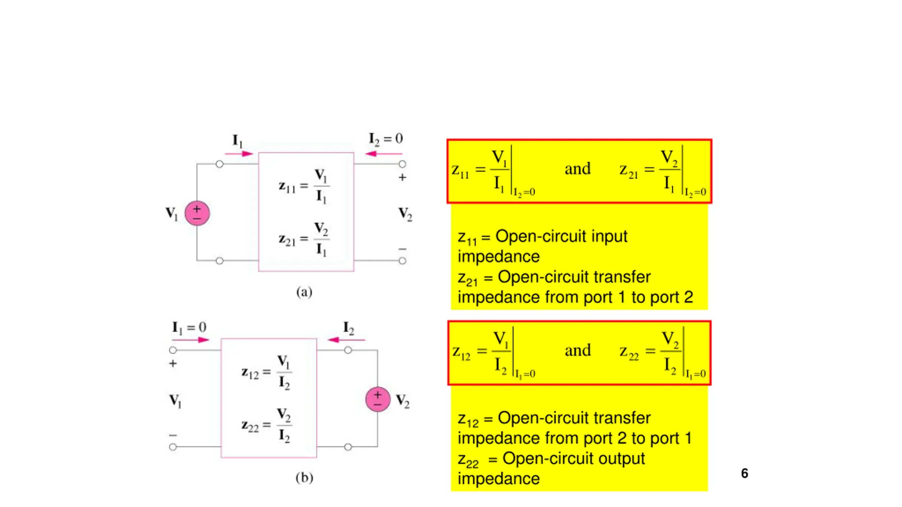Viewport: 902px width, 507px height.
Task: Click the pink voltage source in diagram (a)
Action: point(197,213)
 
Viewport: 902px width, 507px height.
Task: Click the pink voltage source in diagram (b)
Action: point(378,399)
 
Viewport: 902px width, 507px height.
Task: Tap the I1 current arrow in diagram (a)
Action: point(239,154)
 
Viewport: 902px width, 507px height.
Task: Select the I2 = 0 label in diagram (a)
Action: point(386,139)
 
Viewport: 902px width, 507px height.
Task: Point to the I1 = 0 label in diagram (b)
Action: point(189,328)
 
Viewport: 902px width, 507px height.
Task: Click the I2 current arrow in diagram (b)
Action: point(346,340)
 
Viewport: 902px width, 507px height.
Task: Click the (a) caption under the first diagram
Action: point(304,292)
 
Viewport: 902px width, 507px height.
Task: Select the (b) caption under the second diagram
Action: point(304,478)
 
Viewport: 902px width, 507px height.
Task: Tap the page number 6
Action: point(745,473)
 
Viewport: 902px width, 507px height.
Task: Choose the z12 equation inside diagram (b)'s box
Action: point(267,373)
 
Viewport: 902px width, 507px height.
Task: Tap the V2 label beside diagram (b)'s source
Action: point(403,401)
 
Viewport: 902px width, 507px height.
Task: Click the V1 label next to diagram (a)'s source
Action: point(172,213)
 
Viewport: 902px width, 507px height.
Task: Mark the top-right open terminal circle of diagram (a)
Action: point(402,164)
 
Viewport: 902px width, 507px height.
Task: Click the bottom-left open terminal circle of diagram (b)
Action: point(173,447)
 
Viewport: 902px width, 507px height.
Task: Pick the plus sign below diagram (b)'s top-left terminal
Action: point(173,363)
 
